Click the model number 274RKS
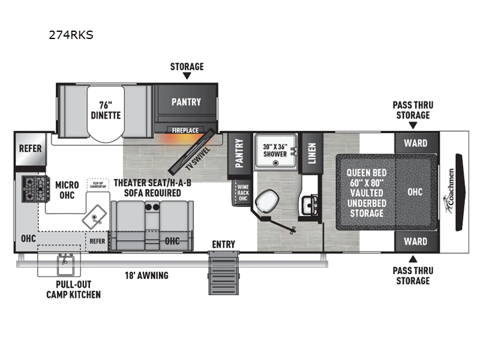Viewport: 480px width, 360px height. tap(71, 35)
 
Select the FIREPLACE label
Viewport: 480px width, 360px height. tap(185, 130)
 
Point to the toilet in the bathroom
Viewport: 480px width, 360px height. tap(265, 199)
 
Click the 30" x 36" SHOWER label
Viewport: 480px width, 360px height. tap(275, 149)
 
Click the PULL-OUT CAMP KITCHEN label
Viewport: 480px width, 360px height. tap(74, 289)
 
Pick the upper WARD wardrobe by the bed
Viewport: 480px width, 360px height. tap(415, 143)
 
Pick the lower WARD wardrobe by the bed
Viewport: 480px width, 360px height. tap(415, 241)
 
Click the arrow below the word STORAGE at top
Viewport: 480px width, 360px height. tap(187, 76)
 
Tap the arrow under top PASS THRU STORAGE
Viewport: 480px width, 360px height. tap(412, 125)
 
